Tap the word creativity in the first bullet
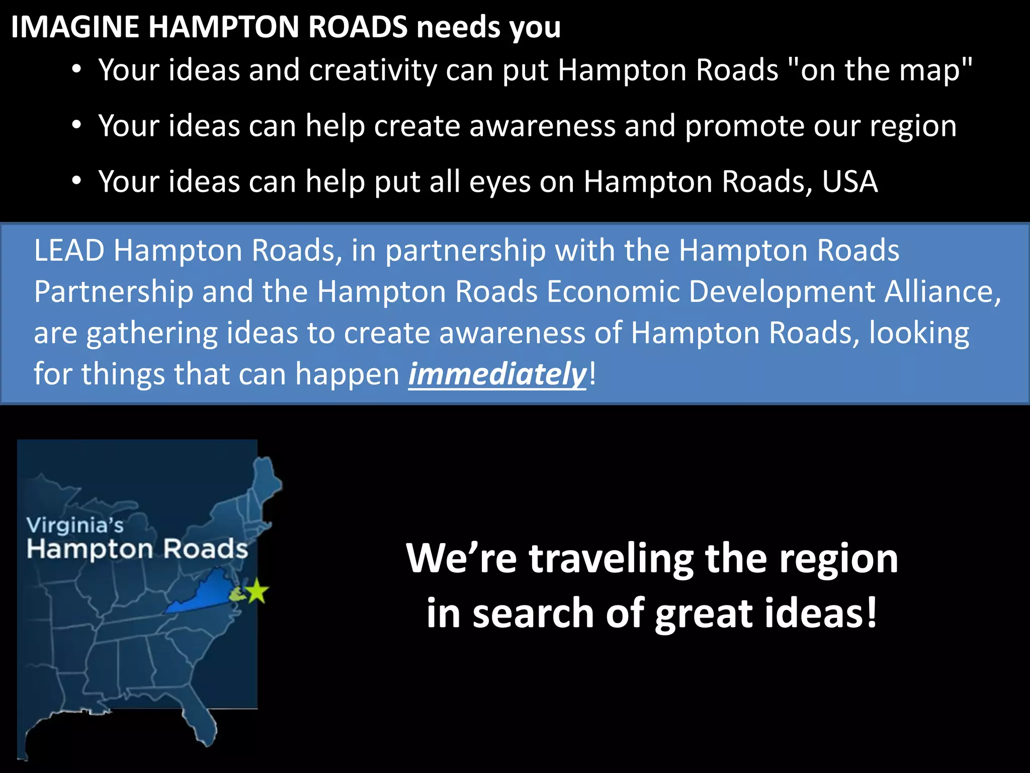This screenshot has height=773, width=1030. click(373, 70)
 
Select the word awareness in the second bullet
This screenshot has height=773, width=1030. click(542, 126)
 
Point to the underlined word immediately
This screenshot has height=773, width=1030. click(497, 374)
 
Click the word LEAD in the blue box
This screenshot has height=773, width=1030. click(69, 250)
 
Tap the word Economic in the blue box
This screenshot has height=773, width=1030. click(613, 292)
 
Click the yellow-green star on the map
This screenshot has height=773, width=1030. click(257, 591)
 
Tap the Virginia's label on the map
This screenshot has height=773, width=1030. click(75, 525)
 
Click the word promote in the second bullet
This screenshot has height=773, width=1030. click(745, 126)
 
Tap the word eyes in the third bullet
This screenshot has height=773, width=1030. click(500, 183)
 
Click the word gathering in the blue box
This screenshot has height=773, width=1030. click(151, 334)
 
